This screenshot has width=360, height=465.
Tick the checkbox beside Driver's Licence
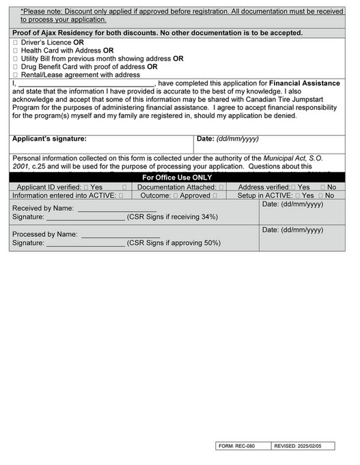[16, 42]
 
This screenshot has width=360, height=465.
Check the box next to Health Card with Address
[16, 51]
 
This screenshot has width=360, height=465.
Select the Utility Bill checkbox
[16, 59]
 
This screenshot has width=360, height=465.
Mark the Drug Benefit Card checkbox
[16, 67]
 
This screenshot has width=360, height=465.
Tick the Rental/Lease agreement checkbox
[16, 75]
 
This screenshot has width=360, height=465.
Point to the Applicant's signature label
[50, 139]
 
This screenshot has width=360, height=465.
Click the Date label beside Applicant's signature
[207, 139]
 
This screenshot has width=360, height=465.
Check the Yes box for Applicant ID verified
[85, 186]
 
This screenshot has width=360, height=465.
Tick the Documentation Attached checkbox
[221, 186]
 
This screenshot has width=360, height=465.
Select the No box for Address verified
[323, 186]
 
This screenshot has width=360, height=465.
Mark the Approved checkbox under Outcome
[176, 195]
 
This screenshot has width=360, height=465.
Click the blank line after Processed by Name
[121, 235]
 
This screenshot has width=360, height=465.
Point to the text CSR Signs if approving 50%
[174, 243]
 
